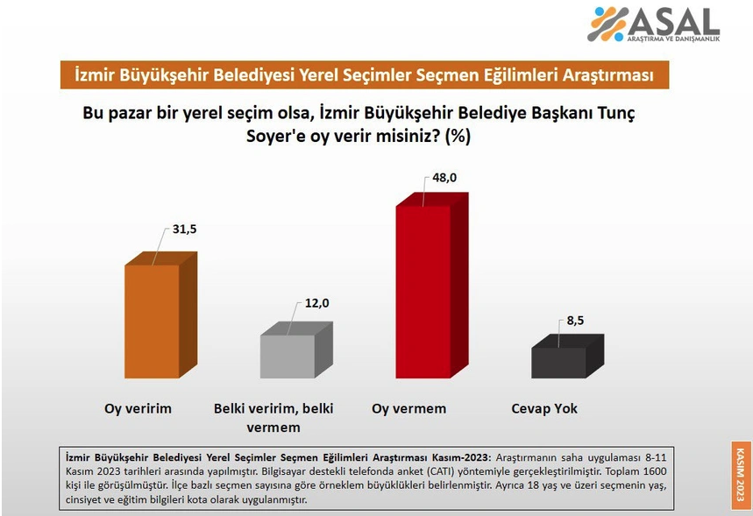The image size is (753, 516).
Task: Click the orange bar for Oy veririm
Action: click(160, 315)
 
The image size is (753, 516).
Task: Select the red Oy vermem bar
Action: click(432, 286)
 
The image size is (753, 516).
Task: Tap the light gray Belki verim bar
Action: click(296, 350)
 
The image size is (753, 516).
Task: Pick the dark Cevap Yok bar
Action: click(568, 357)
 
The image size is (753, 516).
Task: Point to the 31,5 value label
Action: click(185, 229)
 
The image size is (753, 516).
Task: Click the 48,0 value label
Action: click(444, 178)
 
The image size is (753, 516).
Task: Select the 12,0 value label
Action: click(317, 303)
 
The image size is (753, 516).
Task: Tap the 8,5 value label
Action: click(575, 321)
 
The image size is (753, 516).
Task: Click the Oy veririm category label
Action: click(138, 409)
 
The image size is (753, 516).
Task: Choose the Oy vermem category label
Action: click(409, 409)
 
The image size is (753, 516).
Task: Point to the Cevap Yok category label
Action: click(544, 409)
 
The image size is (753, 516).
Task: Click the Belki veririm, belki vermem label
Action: click(273, 418)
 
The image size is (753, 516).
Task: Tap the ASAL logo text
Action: click(673, 22)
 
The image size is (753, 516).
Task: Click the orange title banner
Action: click(365, 74)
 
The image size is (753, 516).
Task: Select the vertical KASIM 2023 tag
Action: click(740, 475)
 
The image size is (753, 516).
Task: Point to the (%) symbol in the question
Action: click(458, 137)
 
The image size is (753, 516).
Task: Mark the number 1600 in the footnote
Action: click(655, 471)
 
